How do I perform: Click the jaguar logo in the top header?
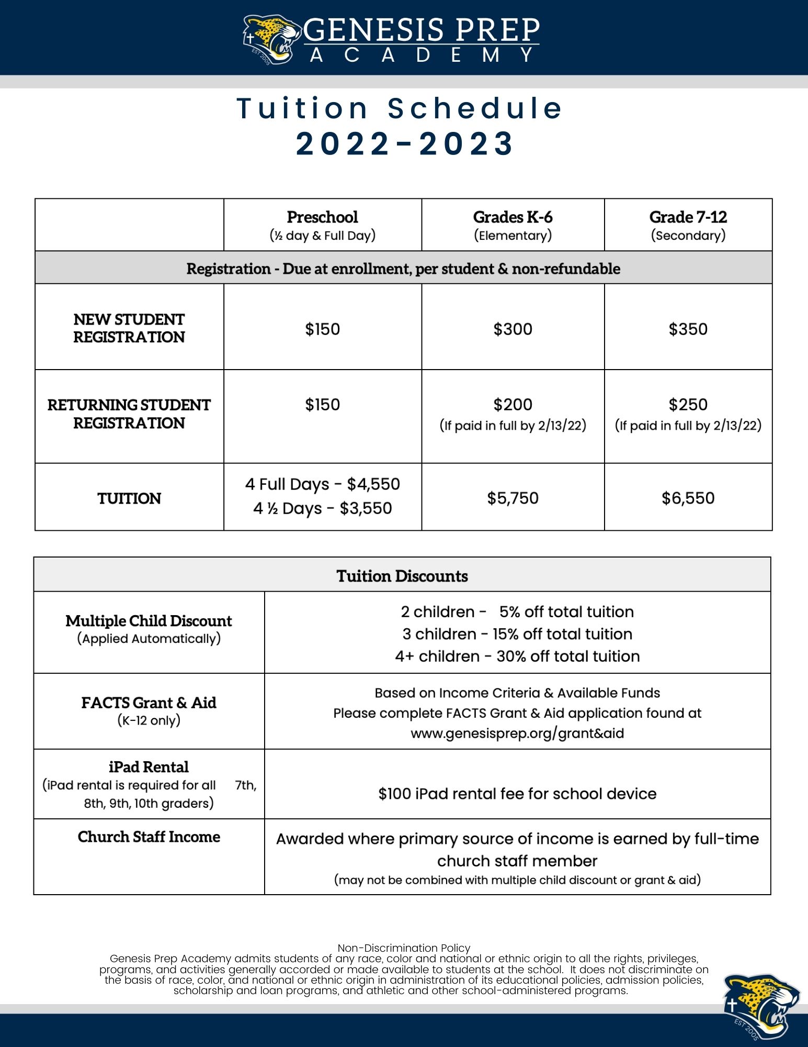[271, 40]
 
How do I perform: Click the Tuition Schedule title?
[401, 108]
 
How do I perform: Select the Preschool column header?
[322, 217]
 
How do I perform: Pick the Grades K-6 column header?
[513, 217]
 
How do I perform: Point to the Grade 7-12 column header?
[688, 217]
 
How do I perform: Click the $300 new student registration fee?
[513, 329]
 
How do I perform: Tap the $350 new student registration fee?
[688, 329]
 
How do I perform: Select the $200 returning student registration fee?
[513, 405]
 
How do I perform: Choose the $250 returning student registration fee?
[688, 405]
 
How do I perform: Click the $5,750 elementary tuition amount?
[513, 498]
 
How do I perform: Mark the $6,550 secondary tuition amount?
[688, 498]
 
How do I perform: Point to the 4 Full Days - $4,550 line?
[322, 484]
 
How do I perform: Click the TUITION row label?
[129, 498]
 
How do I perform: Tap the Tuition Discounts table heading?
[402, 576]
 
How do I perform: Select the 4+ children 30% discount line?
[517, 656]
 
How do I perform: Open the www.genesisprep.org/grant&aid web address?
[517, 733]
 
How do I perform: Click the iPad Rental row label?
[149, 767]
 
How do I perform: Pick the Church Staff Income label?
[149, 837]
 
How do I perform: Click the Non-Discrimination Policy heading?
[404, 948]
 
